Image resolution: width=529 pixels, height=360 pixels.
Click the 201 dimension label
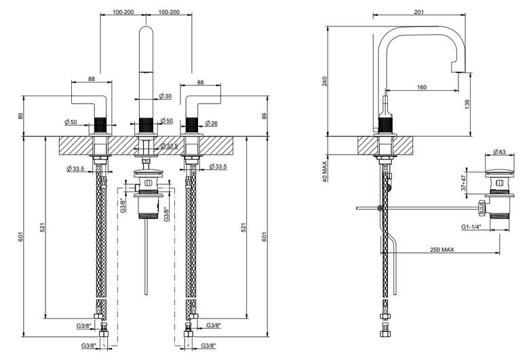tap(418, 12)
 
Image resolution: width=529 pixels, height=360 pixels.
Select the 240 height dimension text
tap(325, 81)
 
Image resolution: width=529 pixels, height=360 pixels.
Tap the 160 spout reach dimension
tap(422, 87)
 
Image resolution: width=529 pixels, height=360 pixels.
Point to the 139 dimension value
tap(467, 104)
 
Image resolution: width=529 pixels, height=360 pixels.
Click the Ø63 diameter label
tap(500, 152)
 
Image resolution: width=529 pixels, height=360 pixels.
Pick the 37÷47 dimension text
tap(464, 182)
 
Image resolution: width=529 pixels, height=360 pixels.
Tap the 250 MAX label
tap(442, 249)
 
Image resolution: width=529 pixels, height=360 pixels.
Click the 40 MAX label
tap(325, 172)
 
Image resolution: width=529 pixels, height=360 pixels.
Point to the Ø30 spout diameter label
tap(165, 96)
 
